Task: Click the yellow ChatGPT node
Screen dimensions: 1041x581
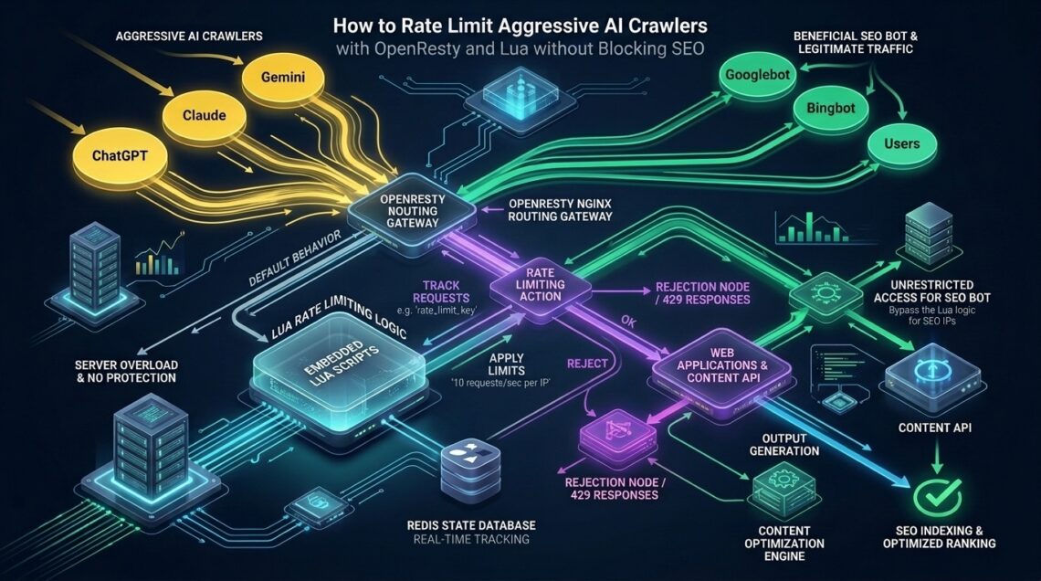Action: pyautogui.click(x=121, y=156)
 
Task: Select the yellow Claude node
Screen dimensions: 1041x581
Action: pyautogui.click(x=204, y=115)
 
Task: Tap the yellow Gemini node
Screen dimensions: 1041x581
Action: pyautogui.click(x=283, y=77)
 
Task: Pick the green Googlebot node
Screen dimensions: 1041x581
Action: pyautogui.click(x=758, y=75)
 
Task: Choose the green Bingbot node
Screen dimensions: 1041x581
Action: pyautogui.click(x=831, y=108)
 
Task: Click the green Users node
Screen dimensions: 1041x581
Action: pyautogui.click(x=901, y=144)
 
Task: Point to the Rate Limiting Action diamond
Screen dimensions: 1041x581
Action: pyautogui.click(x=541, y=285)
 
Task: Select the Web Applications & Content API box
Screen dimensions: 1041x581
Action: pyautogui.click(x=721, y=366)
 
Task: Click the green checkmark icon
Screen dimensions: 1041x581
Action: pyautogui.click(x=937, y=495)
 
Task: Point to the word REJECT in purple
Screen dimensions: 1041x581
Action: pyautogui.click(x=587, y=364)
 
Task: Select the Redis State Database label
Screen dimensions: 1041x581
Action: pyautogui.click(x=471, y=525)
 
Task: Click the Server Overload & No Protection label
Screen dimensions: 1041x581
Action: pyautogui.click(x=125, y=371)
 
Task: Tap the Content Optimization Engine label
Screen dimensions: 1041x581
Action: pyautogui.click(x=784, y=544)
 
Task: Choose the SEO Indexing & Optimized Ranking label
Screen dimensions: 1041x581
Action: pyautogui.click(x=939, y=537)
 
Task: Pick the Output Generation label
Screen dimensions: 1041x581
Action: pyautogui.click(x=784, y=444)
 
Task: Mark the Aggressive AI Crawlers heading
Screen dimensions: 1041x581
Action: pyautogui.click(x=188, y=37)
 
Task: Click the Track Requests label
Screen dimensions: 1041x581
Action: pyautogui.click(x=441, y=292)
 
